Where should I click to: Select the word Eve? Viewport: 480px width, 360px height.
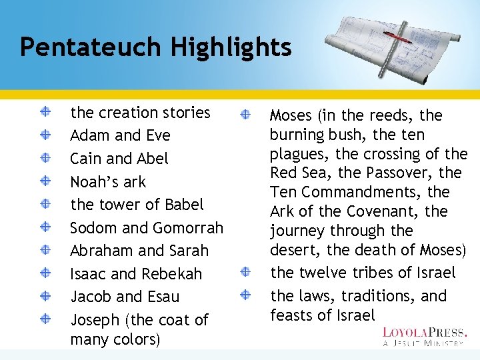[157, 135]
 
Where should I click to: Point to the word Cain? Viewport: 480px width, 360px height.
[86, 159]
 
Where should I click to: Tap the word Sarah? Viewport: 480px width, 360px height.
[187, 251]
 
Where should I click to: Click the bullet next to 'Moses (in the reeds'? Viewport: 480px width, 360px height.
[245, 115]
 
